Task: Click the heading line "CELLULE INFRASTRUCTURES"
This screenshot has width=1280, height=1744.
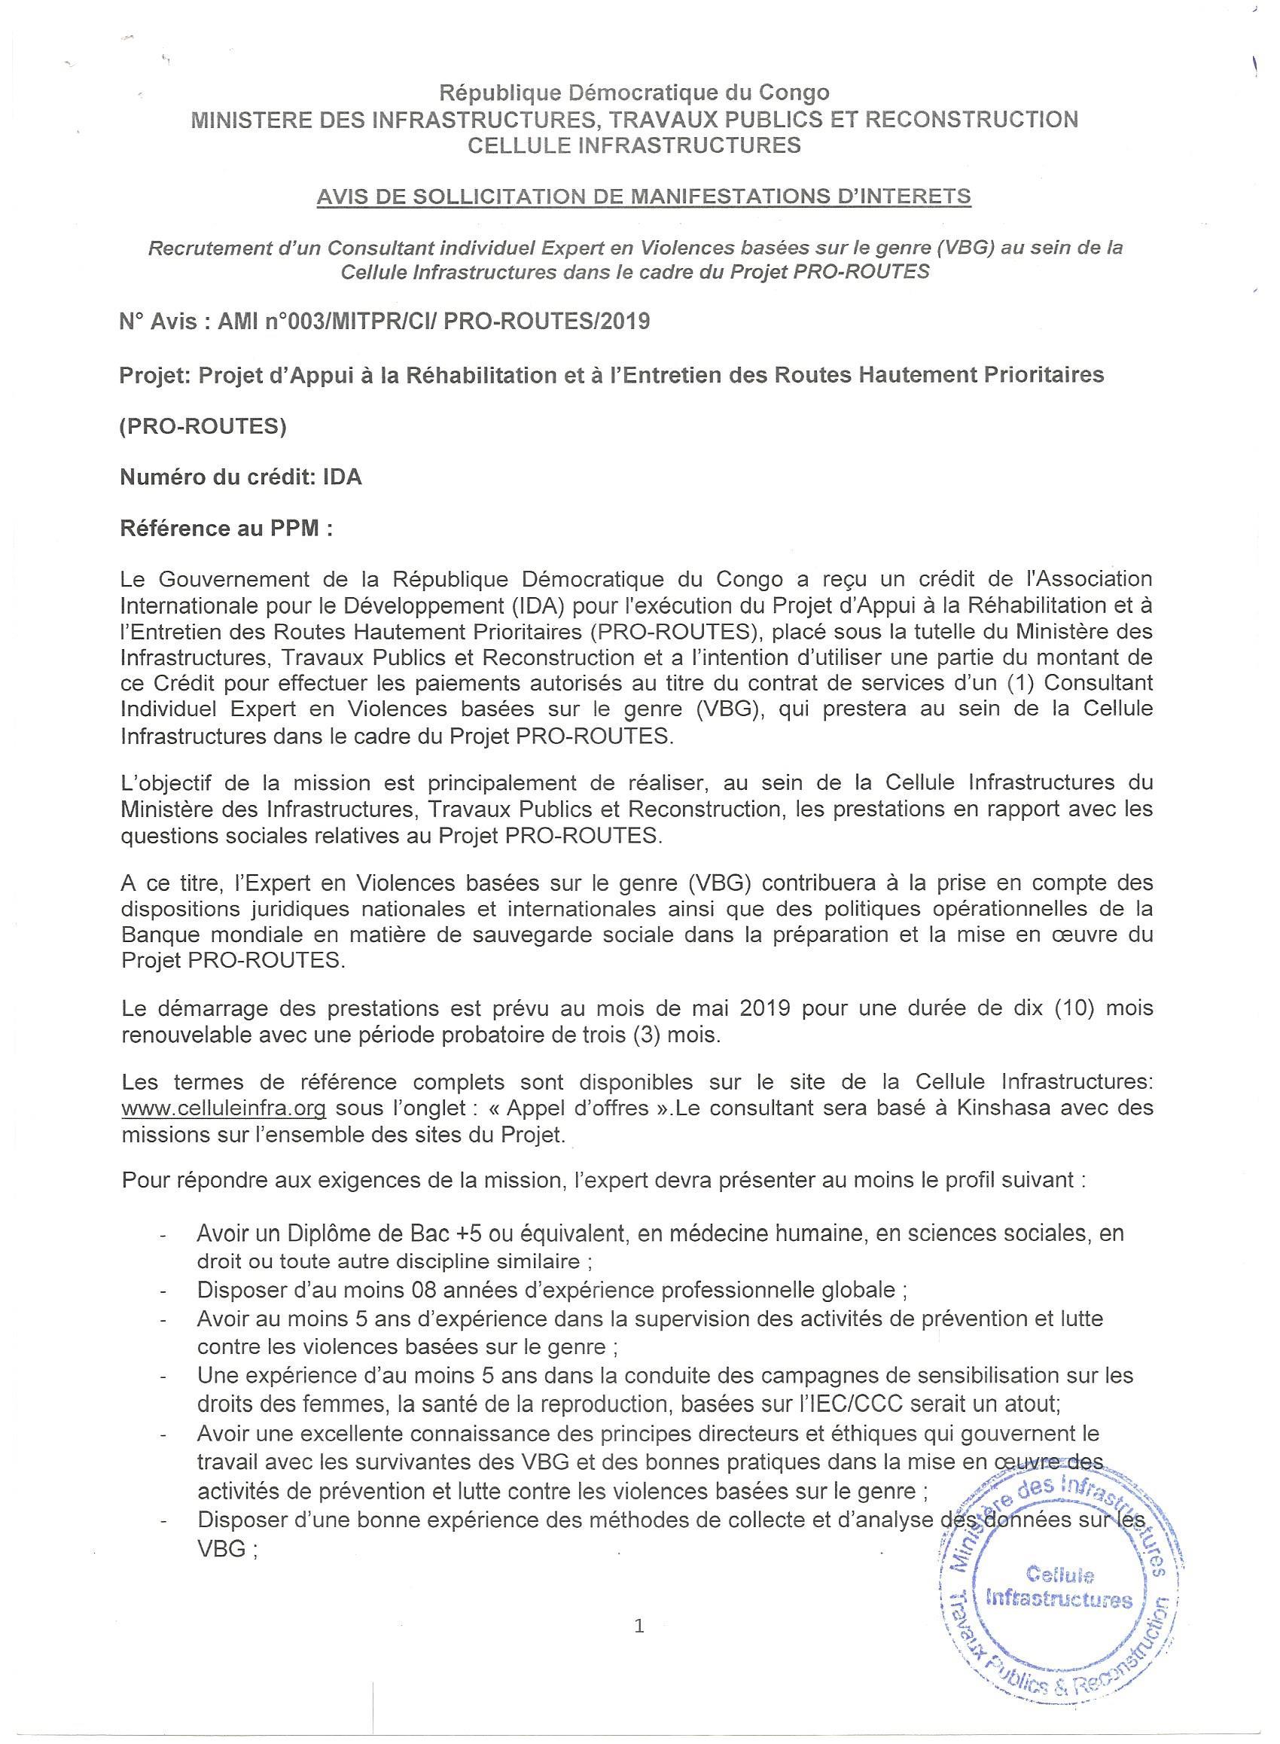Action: pos(634,145)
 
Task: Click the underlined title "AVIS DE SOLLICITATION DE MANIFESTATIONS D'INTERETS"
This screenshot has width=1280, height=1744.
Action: pos(643,197)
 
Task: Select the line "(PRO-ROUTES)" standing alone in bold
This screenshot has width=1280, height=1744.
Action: pos(203,427)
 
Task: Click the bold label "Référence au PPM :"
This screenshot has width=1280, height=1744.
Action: pos(226,529)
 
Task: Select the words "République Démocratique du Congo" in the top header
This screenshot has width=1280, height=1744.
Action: pos(634,93)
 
